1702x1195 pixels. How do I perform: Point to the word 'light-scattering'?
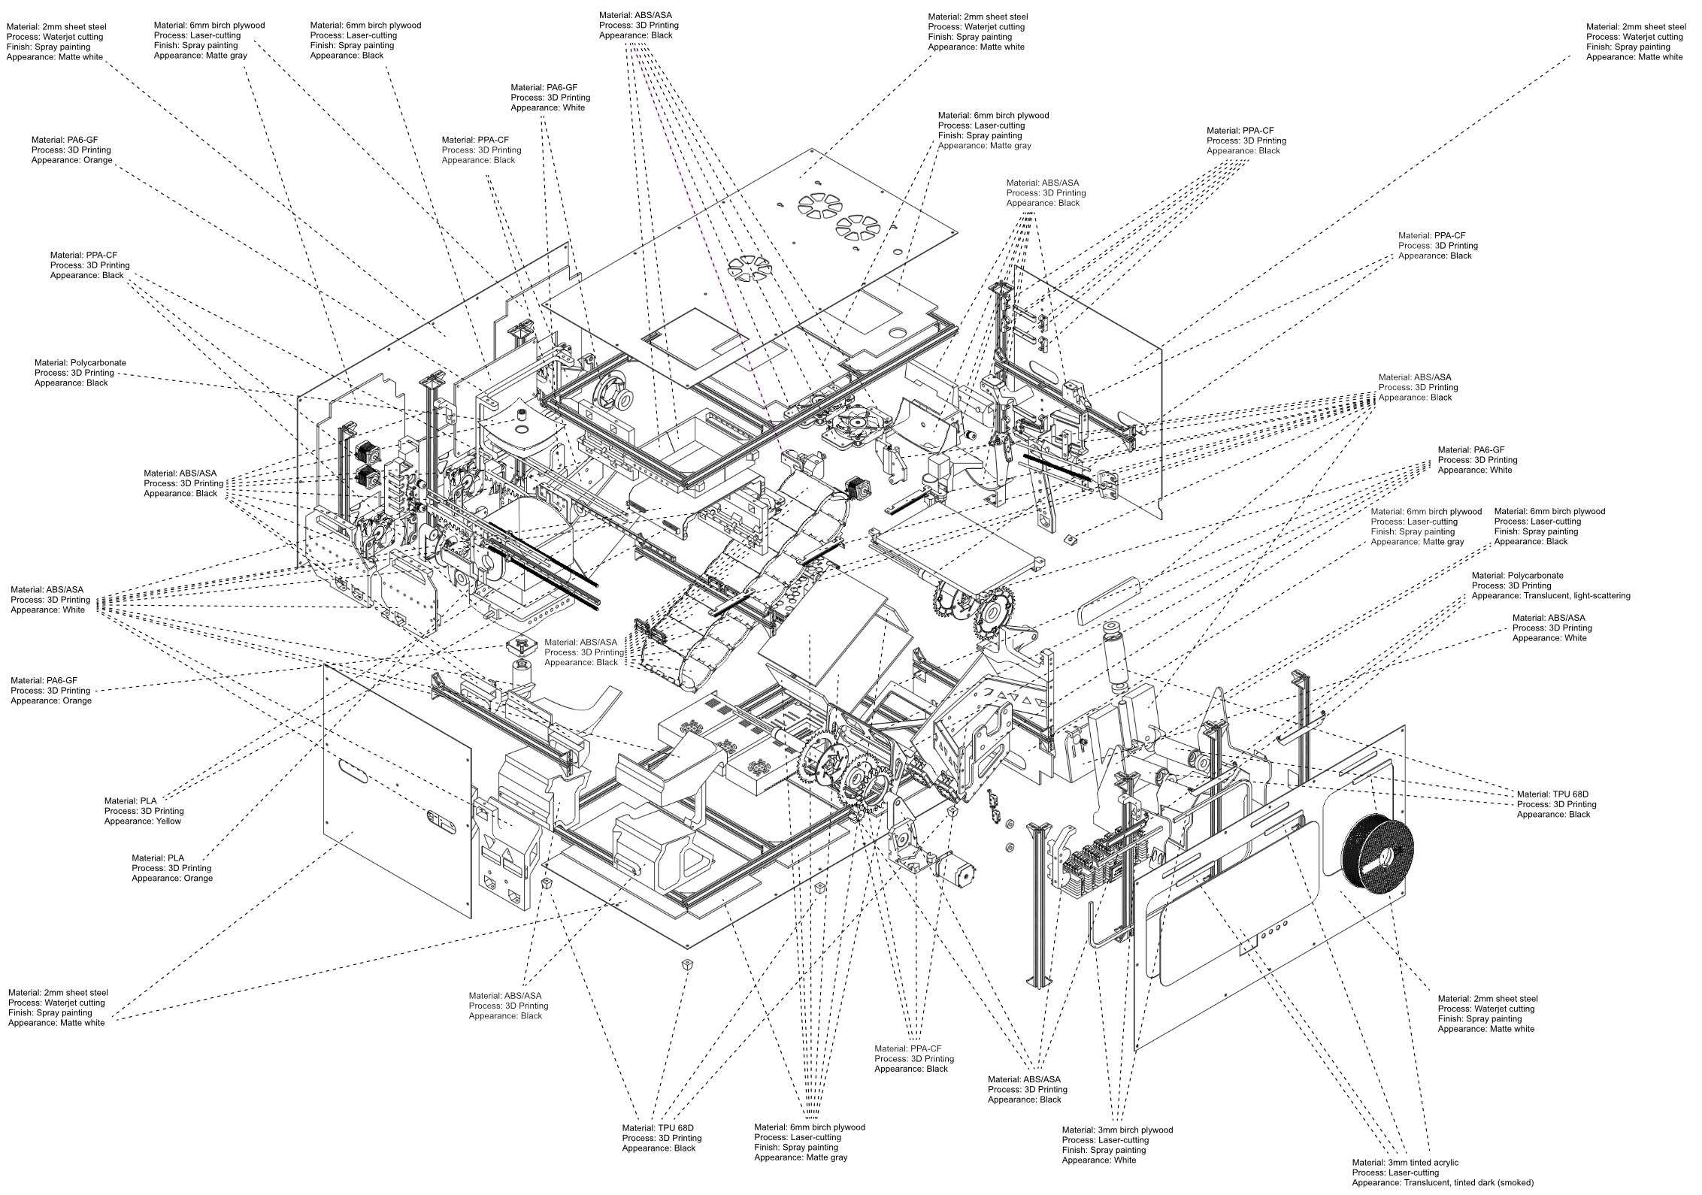[x=1598, y=595]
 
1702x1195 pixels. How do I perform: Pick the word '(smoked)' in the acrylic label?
[x=1516, y=1182]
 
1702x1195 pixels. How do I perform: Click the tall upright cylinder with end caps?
[x=1116, y=652]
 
